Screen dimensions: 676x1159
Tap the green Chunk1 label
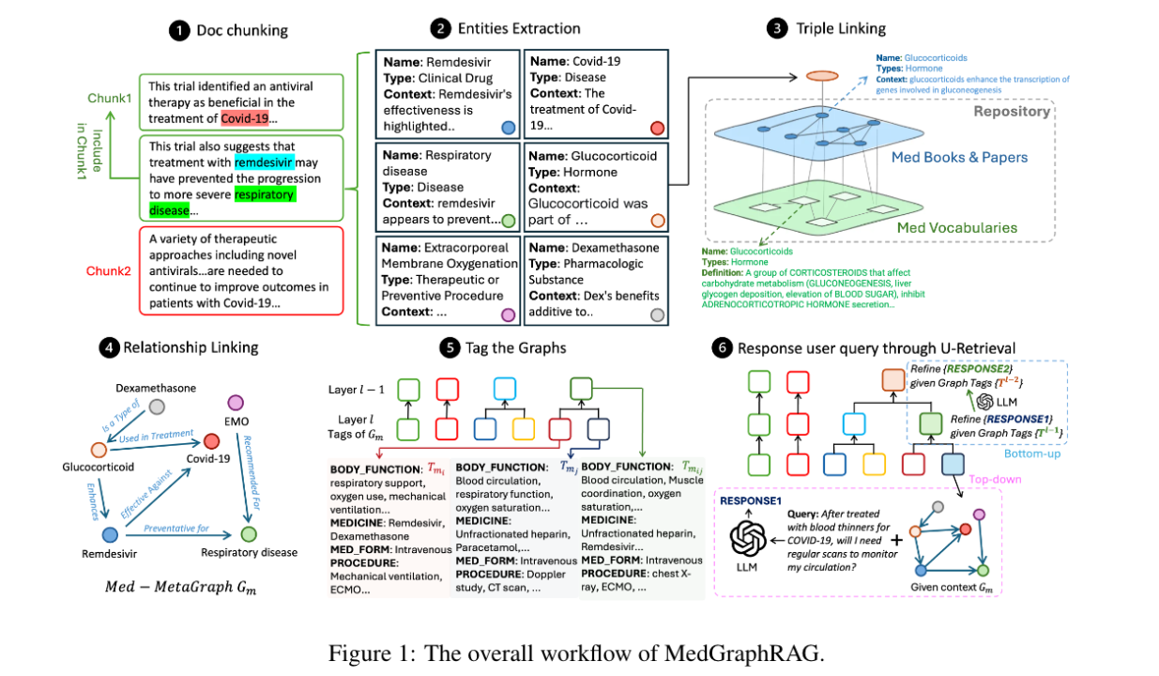click(x=110, y=99)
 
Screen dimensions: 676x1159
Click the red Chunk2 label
click(x=109, y=272)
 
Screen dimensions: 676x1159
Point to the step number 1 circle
click(x=177, y=30)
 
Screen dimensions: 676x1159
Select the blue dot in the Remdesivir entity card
click(x=508, y=128)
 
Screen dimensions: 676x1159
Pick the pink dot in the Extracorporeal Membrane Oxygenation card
click(x=508, y=314)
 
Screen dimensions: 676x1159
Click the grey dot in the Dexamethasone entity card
click(x=657, y=315)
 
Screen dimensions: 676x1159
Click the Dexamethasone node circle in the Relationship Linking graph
click(x=157, y=406)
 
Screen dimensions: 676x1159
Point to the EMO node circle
click(x=236, y=403)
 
